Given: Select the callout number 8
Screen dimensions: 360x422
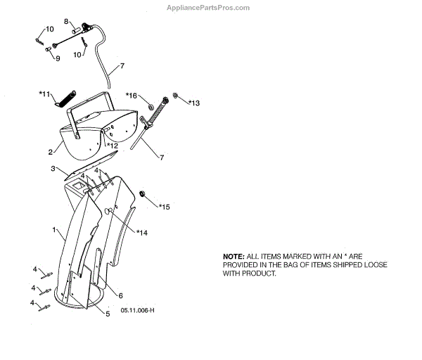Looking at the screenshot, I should coord(67,22).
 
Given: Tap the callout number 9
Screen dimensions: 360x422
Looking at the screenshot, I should coord(57,58).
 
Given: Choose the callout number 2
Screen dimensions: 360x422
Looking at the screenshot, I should coord(51,151).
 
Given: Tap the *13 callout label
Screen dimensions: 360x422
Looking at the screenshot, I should coord(193,103).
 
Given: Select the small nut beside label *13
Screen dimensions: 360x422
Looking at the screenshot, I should coord(177,96).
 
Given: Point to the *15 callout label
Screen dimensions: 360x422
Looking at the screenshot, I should coord(164,207).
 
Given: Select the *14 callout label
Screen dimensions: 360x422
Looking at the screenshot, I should coord(142,232).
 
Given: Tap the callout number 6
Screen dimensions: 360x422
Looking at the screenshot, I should coord(120,295).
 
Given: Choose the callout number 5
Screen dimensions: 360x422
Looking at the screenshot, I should coord(108,314).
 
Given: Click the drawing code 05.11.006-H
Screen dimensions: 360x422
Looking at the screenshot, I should coord(136,310).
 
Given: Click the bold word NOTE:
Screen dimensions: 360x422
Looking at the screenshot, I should coord(234,256).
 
